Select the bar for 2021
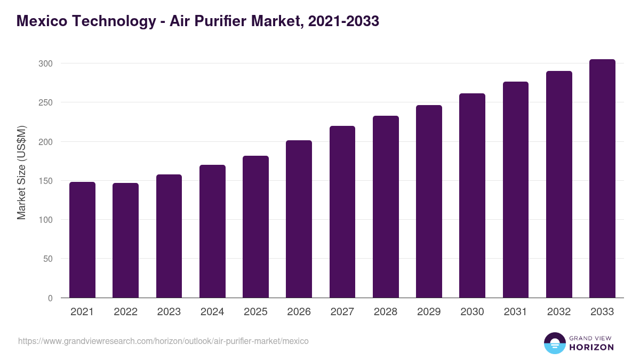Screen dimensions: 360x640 [82, 240]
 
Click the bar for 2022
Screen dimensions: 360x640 [125, 241]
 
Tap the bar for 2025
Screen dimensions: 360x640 [255, 227]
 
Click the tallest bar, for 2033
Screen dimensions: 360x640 [602, 179]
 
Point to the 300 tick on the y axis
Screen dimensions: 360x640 [46, 63]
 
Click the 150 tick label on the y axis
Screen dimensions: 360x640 [46, 181]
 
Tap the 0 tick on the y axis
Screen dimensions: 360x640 [50, 298]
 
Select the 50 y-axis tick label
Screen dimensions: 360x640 [48, 259]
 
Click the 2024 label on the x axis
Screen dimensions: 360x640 [212, 312]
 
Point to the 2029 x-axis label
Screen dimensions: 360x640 [429, 312]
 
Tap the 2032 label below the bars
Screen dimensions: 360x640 [558, 312]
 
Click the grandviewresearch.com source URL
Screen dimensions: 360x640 [163, 341]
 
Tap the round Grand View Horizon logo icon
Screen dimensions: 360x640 [555, 343]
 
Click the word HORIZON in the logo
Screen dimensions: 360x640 [591, 347]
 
